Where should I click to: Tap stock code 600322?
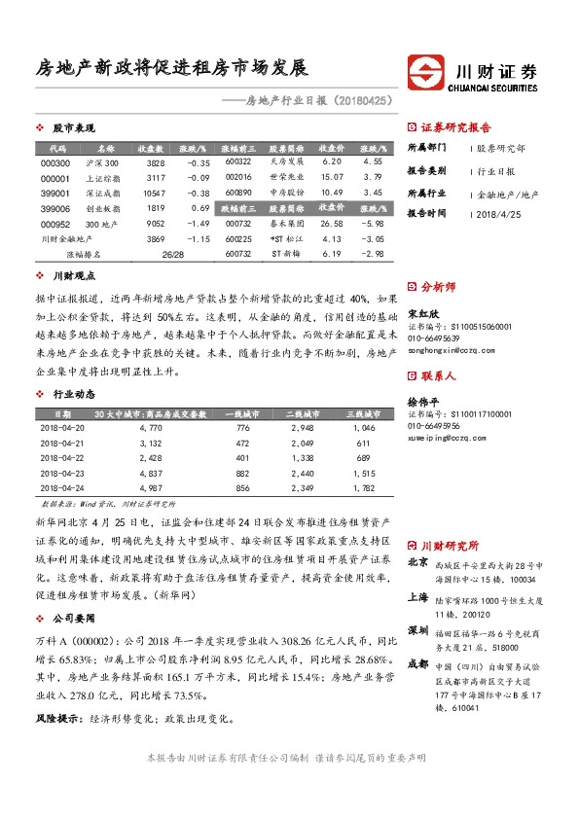click(x=238, y=161)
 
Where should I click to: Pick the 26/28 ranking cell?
click(x=174, y=254)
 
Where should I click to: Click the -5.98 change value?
click(x=372, y=223)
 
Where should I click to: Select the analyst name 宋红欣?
click(x=423, y=315)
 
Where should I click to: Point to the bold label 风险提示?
click(x=53, y=692)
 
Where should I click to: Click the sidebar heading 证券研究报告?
click(x=456, y=127)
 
